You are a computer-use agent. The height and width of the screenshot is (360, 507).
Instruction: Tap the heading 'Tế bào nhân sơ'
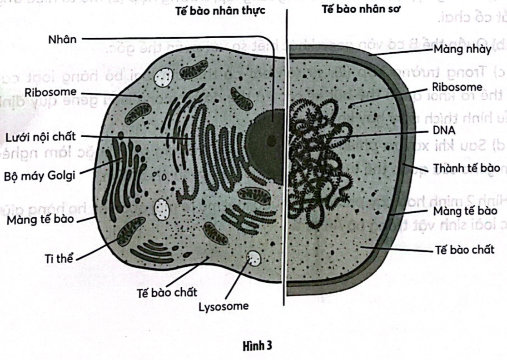[361, 10]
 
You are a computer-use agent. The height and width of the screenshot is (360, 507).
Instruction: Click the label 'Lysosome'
[224, 306]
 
